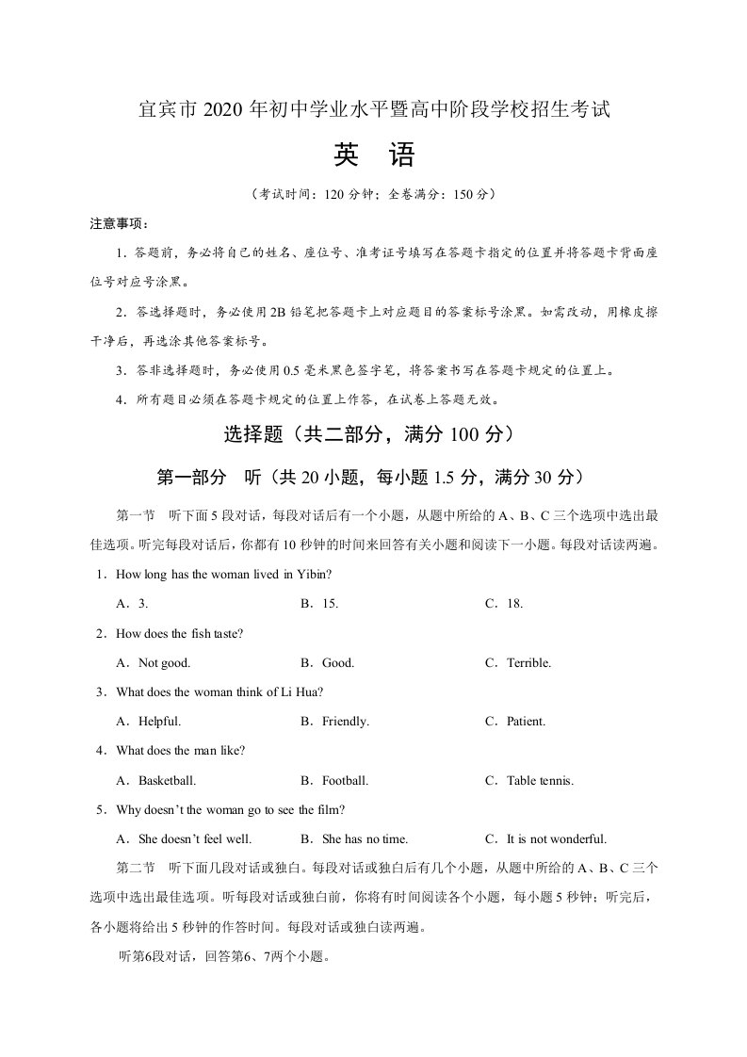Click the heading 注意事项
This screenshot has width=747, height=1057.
click(x=119, y=223)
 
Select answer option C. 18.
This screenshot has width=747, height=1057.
click(x=503, y=604)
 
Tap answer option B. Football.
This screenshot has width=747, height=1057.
click(x=333, y=781)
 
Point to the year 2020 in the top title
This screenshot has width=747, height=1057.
click(x=221, y=110)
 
